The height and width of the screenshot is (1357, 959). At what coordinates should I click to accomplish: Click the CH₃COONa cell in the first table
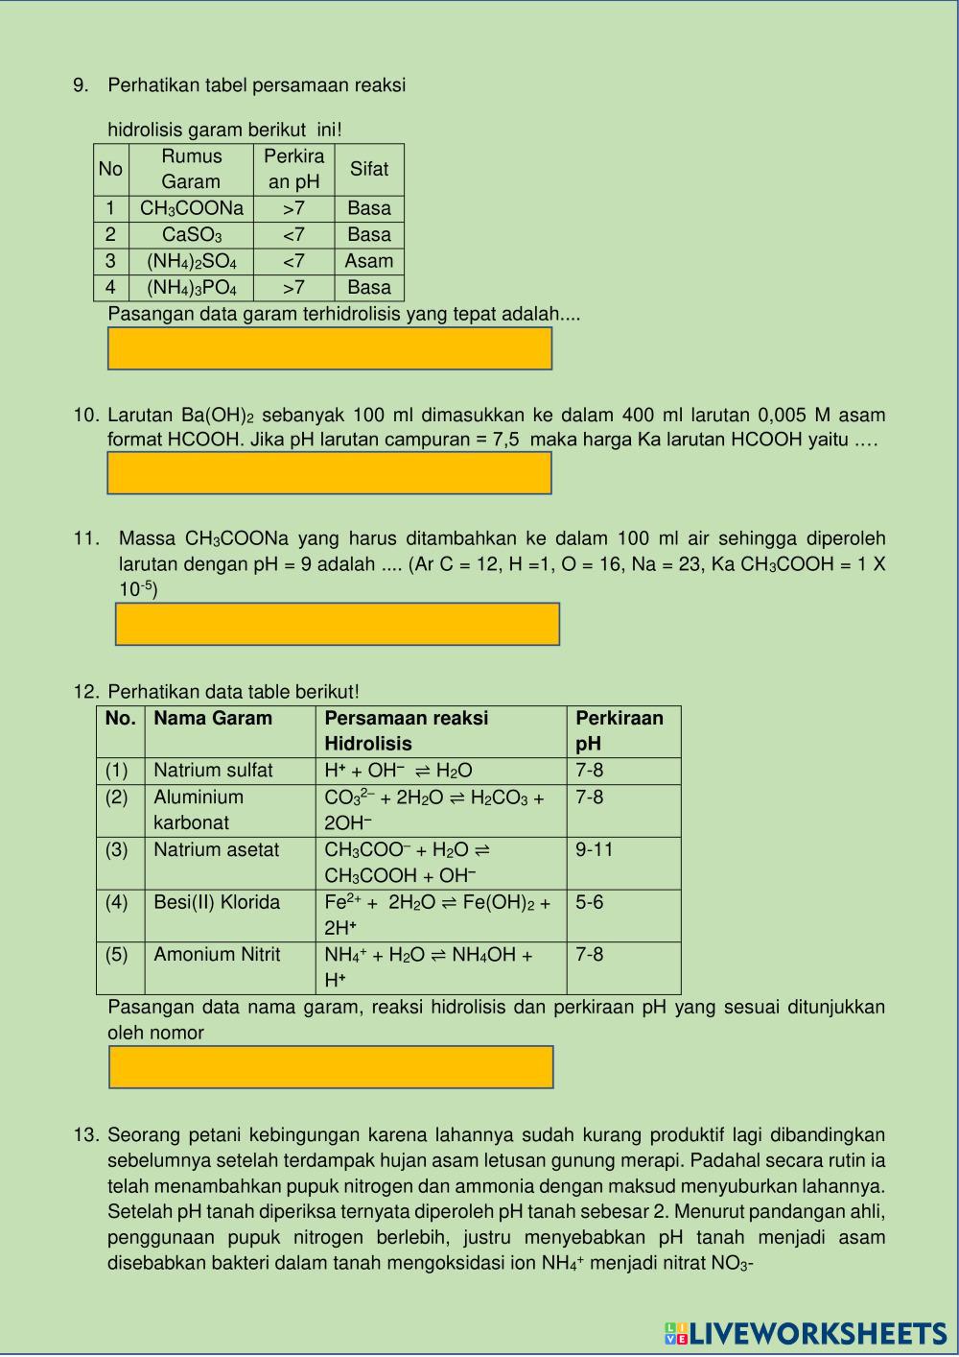[192, 208]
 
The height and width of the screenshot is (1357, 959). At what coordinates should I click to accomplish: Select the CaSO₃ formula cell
[192, 235]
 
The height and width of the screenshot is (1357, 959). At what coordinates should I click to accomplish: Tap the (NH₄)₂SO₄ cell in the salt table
[192, 261]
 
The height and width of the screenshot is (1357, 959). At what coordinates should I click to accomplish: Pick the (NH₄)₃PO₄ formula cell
[192, 288]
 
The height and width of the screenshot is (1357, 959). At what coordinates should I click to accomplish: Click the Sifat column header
[369, 169]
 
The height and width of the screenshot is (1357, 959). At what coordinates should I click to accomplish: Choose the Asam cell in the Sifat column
[369, 261]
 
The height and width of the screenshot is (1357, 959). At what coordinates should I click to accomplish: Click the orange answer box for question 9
[330, 348]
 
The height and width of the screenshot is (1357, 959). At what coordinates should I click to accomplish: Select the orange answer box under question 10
[330, 472]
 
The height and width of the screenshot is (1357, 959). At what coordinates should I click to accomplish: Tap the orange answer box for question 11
[338, 624]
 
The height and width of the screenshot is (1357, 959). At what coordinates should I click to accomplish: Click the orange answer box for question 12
[332, 1067]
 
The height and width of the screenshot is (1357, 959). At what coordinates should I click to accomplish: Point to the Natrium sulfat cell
[213, 771]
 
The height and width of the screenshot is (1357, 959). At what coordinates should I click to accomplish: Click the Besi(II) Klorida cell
[217, 902]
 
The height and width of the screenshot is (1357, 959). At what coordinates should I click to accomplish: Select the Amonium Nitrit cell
[217, 955]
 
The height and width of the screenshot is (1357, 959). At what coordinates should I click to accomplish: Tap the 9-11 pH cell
[595, 850]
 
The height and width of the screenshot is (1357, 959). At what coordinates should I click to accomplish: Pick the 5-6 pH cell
[590, 902]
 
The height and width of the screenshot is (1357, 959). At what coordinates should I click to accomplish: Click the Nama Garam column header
[213, 719]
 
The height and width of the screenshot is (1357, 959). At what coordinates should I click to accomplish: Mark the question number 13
[85, 1135]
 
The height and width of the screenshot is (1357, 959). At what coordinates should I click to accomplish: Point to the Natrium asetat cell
[217, 850]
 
